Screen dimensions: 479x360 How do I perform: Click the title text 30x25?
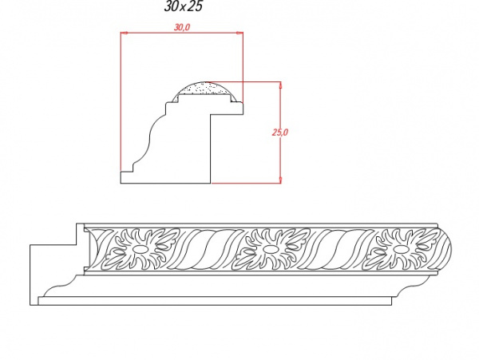pos(184,6)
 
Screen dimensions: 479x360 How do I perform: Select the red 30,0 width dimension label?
pos(182,27)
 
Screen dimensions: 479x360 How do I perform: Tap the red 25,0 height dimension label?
pos(280,133)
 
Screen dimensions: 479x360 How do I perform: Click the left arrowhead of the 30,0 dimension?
pos(123,33)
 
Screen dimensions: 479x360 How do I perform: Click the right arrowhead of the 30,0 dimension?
pos(240,33)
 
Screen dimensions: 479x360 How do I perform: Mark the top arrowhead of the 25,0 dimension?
pos(280,85)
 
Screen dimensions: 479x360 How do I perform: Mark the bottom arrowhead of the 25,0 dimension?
pos(280,180)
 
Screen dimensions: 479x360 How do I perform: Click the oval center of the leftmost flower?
pos(141,249)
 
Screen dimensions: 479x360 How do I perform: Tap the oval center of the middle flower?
pos(269,249)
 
